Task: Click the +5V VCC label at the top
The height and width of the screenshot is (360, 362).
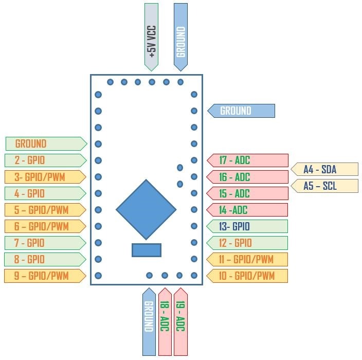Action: click(x=151, y=37)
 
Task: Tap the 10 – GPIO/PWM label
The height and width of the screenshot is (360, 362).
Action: click(x=247, y=276)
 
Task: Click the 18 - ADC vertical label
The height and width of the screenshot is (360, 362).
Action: click(x=165, y=321)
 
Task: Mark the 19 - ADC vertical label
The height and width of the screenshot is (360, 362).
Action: click(x=180, y=321)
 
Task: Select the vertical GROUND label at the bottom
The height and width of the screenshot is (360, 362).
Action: click(x=149, y=321)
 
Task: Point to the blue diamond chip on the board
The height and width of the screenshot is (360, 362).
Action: click(x=147, y=209)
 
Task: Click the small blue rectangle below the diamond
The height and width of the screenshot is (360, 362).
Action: click(x=147, y=250)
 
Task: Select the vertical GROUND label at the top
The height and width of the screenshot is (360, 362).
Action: click(x=180, y=37)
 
